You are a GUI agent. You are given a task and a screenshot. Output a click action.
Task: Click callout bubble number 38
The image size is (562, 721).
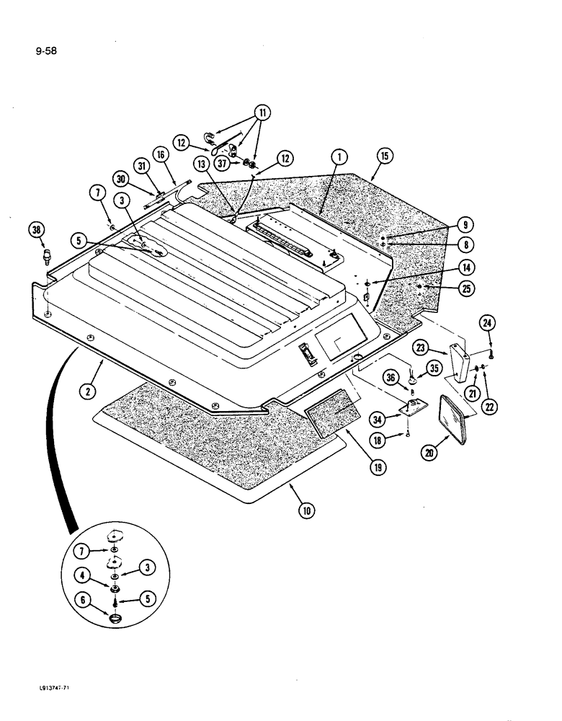click(37, 230)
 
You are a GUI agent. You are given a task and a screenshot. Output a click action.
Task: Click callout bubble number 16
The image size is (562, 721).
click(161, 154)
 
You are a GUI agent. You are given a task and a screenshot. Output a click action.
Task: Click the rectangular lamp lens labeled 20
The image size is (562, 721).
click(455, 418)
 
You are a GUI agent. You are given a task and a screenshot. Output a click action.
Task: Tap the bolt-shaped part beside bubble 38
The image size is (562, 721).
click(49, 257)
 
